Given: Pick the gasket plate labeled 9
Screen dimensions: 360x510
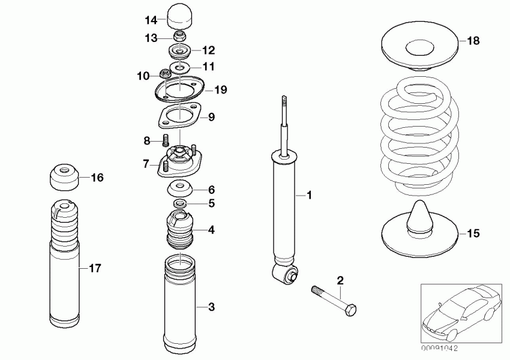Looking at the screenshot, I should (178, 116).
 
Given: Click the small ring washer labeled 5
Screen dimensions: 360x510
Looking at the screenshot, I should (179, 204).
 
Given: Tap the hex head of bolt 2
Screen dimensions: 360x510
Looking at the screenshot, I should (352, 310).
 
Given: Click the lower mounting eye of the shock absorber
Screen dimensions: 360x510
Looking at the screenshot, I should (287, 275).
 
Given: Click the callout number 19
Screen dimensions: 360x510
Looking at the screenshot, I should (220, 91).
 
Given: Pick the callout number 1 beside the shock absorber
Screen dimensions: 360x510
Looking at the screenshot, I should (310, 195).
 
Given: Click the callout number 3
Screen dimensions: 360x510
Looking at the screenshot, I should (211, 308).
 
